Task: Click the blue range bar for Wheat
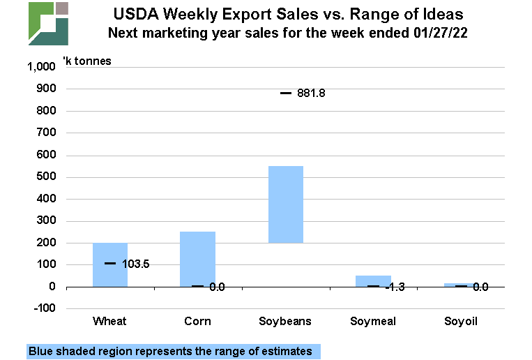(110, 265)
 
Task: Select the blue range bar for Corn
(197, 258)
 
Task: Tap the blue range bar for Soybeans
(286, 204)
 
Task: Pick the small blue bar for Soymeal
(374, 280)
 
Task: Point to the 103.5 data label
(136, 264)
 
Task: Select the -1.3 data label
(395, 287)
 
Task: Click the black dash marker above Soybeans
(286, 93)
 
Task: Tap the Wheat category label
(109, 321)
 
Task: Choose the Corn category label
(198, 321)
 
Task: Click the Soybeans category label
(286, 321)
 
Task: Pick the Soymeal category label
(374, 321)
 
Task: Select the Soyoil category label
(462, 321)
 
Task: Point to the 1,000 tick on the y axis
(40, 67)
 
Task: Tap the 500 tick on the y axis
(45, 177)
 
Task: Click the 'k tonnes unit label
(86, 61)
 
